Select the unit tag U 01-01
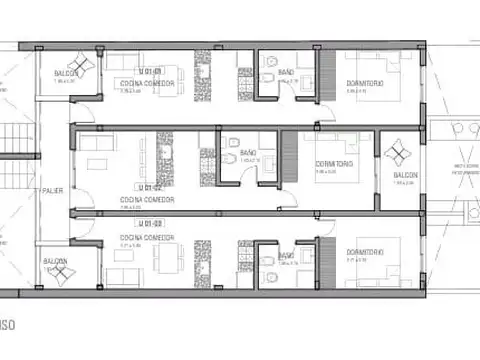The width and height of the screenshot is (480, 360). click(x=153, y=71)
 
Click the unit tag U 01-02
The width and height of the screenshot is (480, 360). click(x=151, y=186)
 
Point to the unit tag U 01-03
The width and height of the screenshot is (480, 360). click(x=153, y=222)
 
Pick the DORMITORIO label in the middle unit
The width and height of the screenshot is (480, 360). click(x=334, y=163)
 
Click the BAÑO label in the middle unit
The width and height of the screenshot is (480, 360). click(x=248, y=153)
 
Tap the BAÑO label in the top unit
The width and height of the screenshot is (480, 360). click(x=286, y=72)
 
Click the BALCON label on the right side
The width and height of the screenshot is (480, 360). click(x=405, y=174)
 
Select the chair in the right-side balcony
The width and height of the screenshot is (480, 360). click(x=398, y=152)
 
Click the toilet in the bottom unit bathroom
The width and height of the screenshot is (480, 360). click(x=270, y=262)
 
